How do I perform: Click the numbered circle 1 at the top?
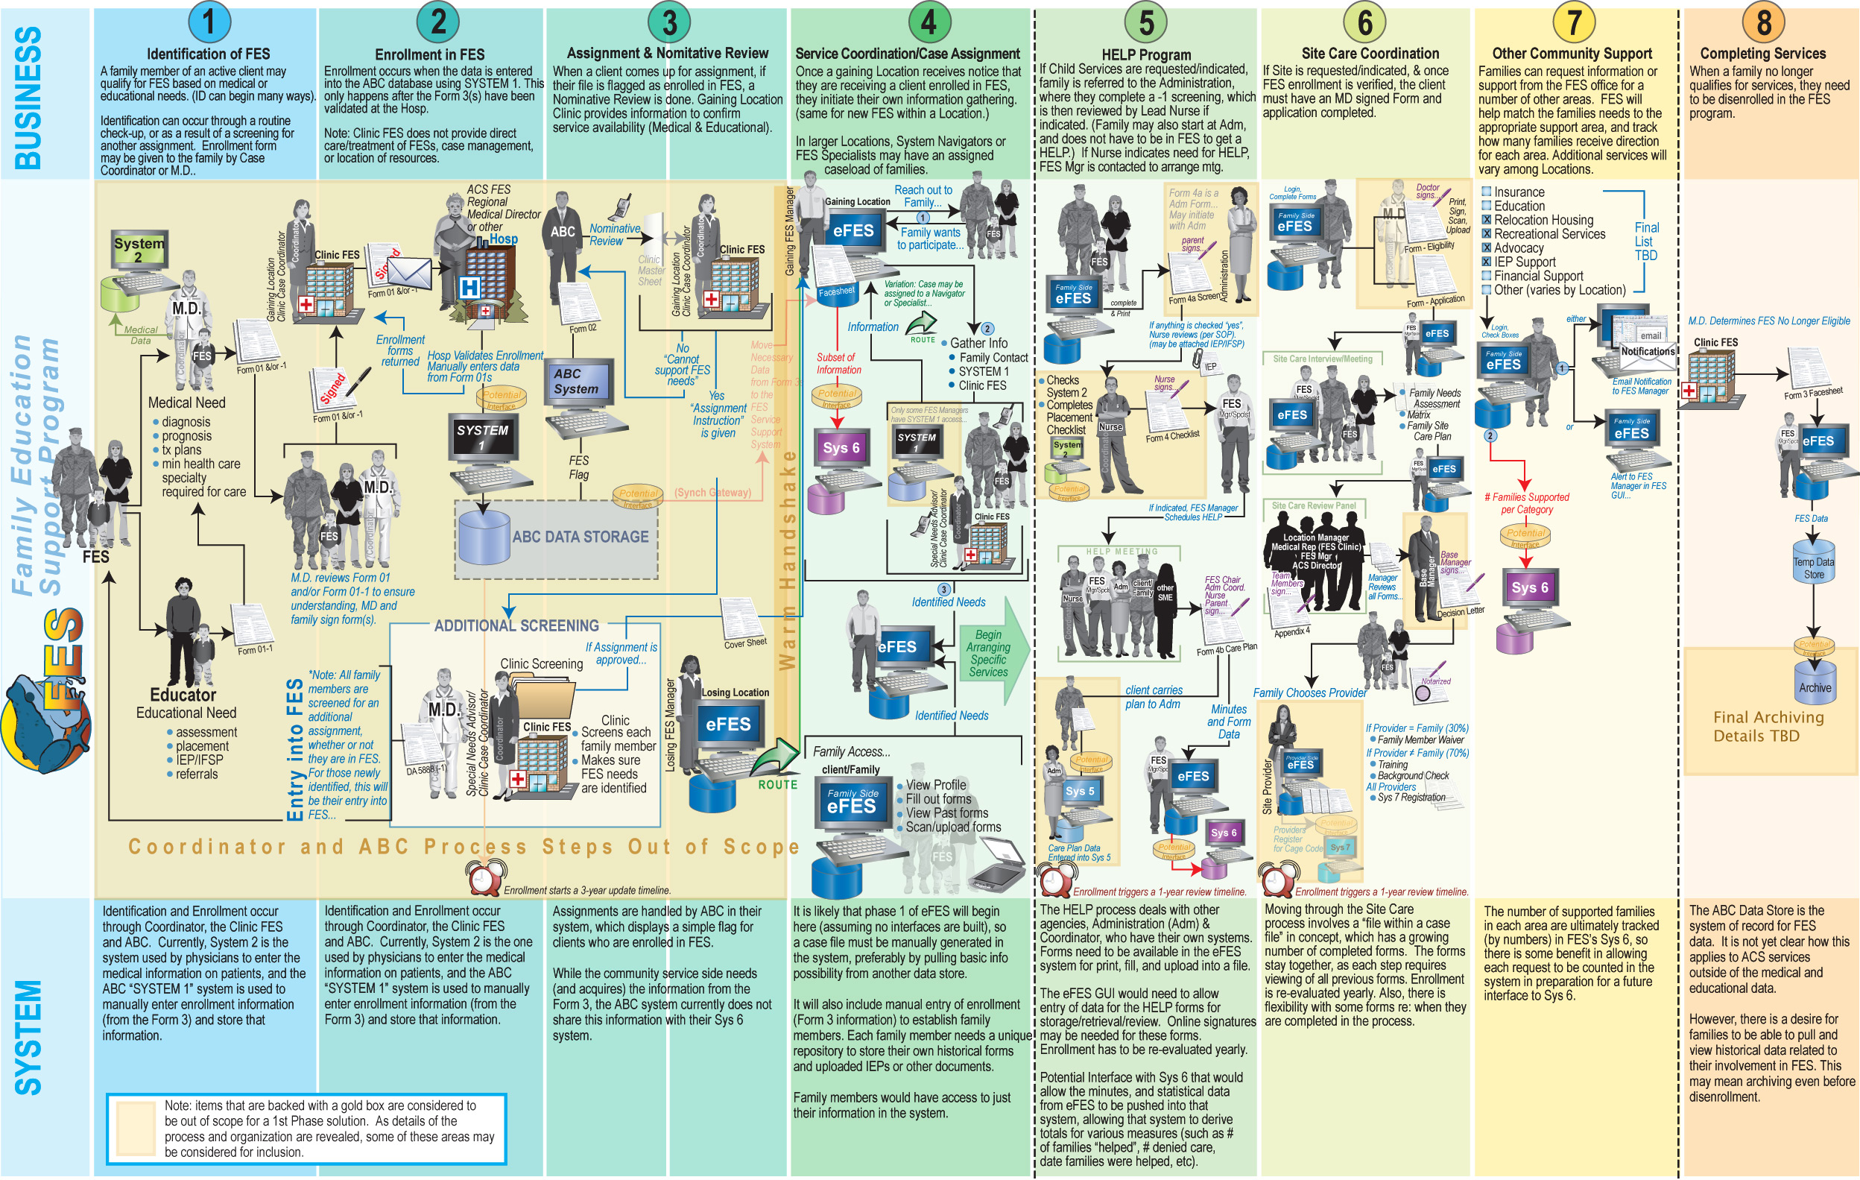click(x=208, y=22)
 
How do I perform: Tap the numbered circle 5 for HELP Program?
click(x=1146, y=22)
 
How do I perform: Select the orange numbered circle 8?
click(x=1763, y=22)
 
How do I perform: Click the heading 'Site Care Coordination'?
click(x=1370, y=54)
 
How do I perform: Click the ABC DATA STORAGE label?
click(x=580, y=536)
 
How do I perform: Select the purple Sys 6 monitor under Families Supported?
click(x=1529, y=589)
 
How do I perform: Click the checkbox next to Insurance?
click(x=1486, y=192)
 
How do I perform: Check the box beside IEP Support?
click(x=1486, y=261)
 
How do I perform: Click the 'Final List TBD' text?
click(x=1645, y=241)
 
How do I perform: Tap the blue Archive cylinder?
click(x=1815, y=686)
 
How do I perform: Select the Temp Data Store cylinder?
click(x=1814, y=568)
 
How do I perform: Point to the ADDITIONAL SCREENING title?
click(x=516, y=625)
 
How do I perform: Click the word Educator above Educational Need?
click(x=183, y=695)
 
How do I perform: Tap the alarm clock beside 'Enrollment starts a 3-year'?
click(x=483, y=878)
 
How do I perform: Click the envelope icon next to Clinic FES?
click(x=408, y=271)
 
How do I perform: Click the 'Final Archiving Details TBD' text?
click(x=1768, y=726)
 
